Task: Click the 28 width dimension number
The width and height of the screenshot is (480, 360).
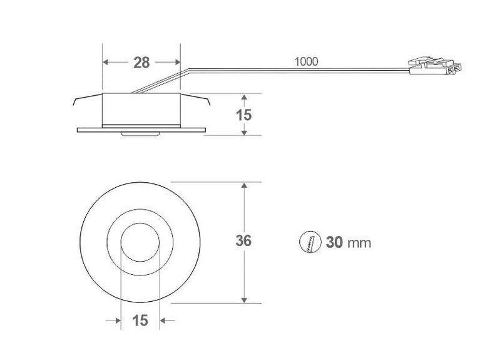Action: pos(141,62)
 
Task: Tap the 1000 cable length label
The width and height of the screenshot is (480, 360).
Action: pos(306,61)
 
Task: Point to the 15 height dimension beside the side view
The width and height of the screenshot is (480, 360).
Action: pos(244,115)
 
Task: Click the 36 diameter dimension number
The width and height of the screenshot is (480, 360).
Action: pos(243,241)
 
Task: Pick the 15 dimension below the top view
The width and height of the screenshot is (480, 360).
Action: pos(140,321)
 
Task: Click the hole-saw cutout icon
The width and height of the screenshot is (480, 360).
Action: pos(310,242)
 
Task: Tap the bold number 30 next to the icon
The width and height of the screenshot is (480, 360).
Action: pos(334,242)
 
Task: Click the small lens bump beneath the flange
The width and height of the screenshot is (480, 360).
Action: pos(140,134)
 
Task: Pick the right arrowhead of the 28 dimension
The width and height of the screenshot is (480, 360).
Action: pos(176,62)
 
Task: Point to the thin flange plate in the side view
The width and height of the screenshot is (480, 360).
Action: pos(140,130)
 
